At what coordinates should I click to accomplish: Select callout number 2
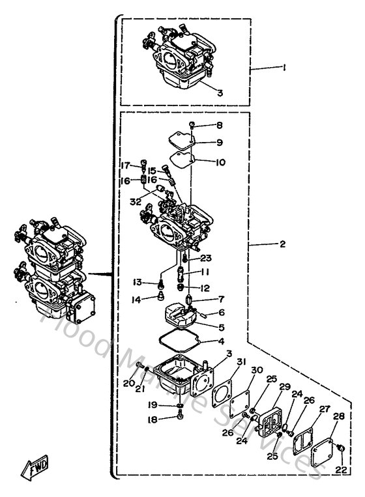tap(283, 244)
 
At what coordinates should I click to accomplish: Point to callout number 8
tap(219, 126)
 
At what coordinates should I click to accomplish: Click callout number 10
tap(221, 162)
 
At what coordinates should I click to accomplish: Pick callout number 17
tap(126, 165)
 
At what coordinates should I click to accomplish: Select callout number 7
tap(221, 299)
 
